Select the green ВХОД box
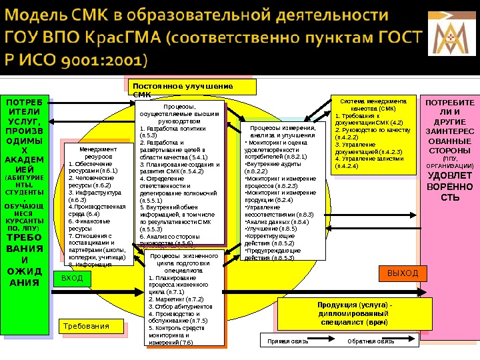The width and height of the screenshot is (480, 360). pyautogui.click(x=72, y=277)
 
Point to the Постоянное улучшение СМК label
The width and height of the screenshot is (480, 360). pyautogui.click(x=182, y=90)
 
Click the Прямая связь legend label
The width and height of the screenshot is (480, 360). pyautogui.click(x=288, y=341)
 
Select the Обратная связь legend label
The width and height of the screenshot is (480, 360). pyautogui.click(x=371, y=341)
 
